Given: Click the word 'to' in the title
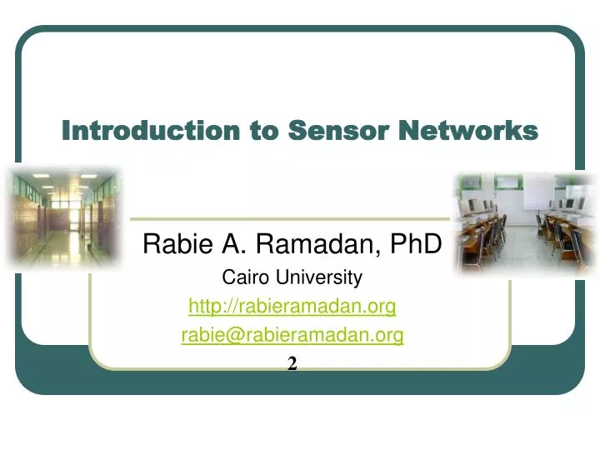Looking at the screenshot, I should [x=267, y=131].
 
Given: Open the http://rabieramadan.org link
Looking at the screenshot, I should [x=292, y=307].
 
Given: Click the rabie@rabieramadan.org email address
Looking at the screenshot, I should [x=292, y=335].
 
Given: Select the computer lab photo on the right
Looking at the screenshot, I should [x=525, y=222].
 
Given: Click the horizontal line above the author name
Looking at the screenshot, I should [x=292, y=220].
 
